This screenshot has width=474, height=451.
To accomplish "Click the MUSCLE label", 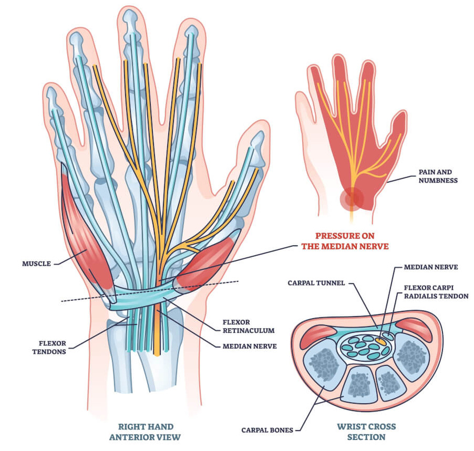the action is point(37,264).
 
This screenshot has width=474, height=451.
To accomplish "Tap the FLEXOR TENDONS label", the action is point(49,348).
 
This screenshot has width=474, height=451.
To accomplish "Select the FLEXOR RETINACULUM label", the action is point(249,326).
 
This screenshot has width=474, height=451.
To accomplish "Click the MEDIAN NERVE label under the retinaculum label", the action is point(250,346).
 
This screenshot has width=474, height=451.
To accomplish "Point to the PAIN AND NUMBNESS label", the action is point(438,176).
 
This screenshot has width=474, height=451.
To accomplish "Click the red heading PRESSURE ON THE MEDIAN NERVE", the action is point(345,241).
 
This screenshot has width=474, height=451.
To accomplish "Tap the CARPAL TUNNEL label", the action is point(316,283).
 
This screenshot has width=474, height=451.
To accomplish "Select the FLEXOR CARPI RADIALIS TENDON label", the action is point(436,292).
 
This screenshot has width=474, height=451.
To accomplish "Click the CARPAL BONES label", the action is point(267,430).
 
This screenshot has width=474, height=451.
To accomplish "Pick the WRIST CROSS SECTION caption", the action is point(366,432).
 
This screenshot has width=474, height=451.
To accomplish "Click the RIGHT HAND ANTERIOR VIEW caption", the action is point(145,432).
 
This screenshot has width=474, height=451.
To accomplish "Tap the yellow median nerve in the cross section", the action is point(380,341).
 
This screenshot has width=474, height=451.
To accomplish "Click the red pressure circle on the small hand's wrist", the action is point(352,199).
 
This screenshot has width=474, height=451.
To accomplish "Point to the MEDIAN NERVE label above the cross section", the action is point(431,267).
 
